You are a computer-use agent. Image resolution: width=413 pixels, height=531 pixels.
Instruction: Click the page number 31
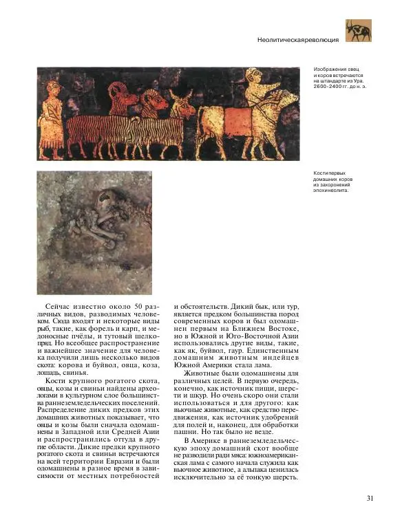[x=370, y=499]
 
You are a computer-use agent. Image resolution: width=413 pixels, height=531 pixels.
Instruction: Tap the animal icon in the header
[x=358, y=31]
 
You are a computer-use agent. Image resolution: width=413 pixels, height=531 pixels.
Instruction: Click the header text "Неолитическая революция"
[x=297, y=40]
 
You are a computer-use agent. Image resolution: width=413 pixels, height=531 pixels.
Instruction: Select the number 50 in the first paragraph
[x=138, y=306]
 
